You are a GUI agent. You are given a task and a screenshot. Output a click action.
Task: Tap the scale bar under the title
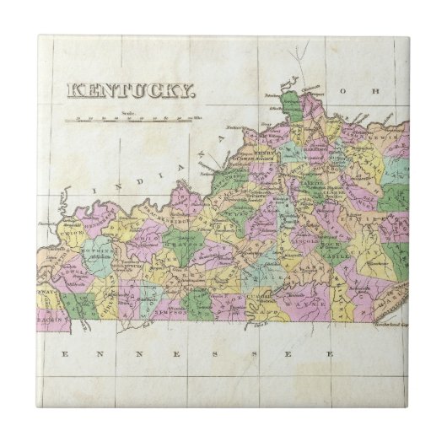pyautogui.click(x=132, y=118)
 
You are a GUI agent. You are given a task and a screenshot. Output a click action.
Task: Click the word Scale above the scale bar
pyautogui.click(x=128, y=111)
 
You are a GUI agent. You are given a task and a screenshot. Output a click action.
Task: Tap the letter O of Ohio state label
pyautogui.click(x=344, y=89)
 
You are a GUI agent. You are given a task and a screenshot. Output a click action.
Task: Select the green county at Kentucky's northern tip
pyautogui.click(x=292, y=107)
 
